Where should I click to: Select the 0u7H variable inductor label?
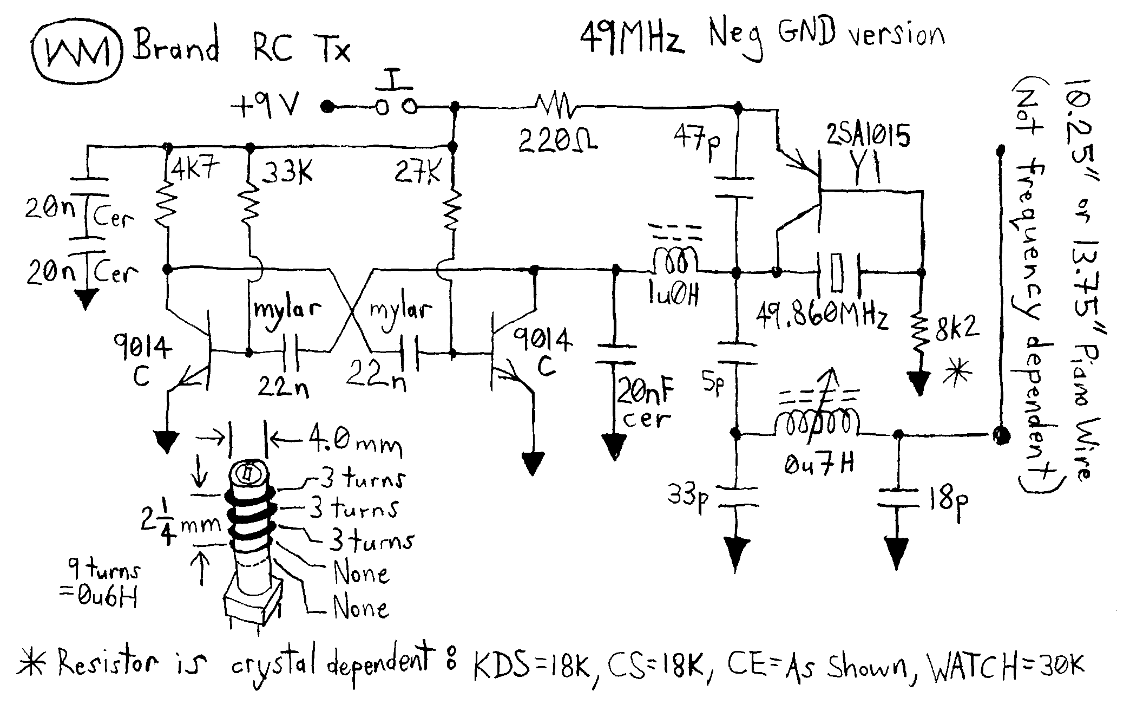pos(819,464)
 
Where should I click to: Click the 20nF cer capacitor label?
pos(644,402)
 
